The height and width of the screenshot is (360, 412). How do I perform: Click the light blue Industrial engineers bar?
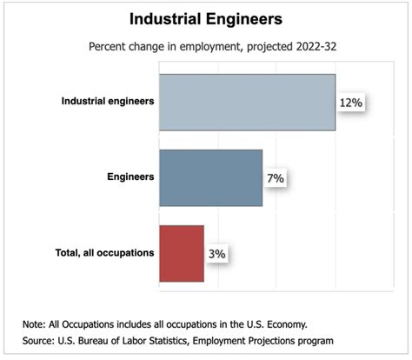tap(248, 102)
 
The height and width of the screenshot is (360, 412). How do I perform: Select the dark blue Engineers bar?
tap(210, 177)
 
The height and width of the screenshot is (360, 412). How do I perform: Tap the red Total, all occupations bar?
tap(182, 253)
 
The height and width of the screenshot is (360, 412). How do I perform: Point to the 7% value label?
tap(276, 178)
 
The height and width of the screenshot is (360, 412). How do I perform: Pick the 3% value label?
tap(217, 254)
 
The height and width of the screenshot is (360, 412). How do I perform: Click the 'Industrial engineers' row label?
tap(108, 101)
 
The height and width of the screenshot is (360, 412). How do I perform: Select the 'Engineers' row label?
tap(130, 177)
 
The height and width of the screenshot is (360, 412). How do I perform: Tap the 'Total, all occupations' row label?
tap(100, 252)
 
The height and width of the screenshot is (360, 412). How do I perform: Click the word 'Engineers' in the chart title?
tap(246, 18)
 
